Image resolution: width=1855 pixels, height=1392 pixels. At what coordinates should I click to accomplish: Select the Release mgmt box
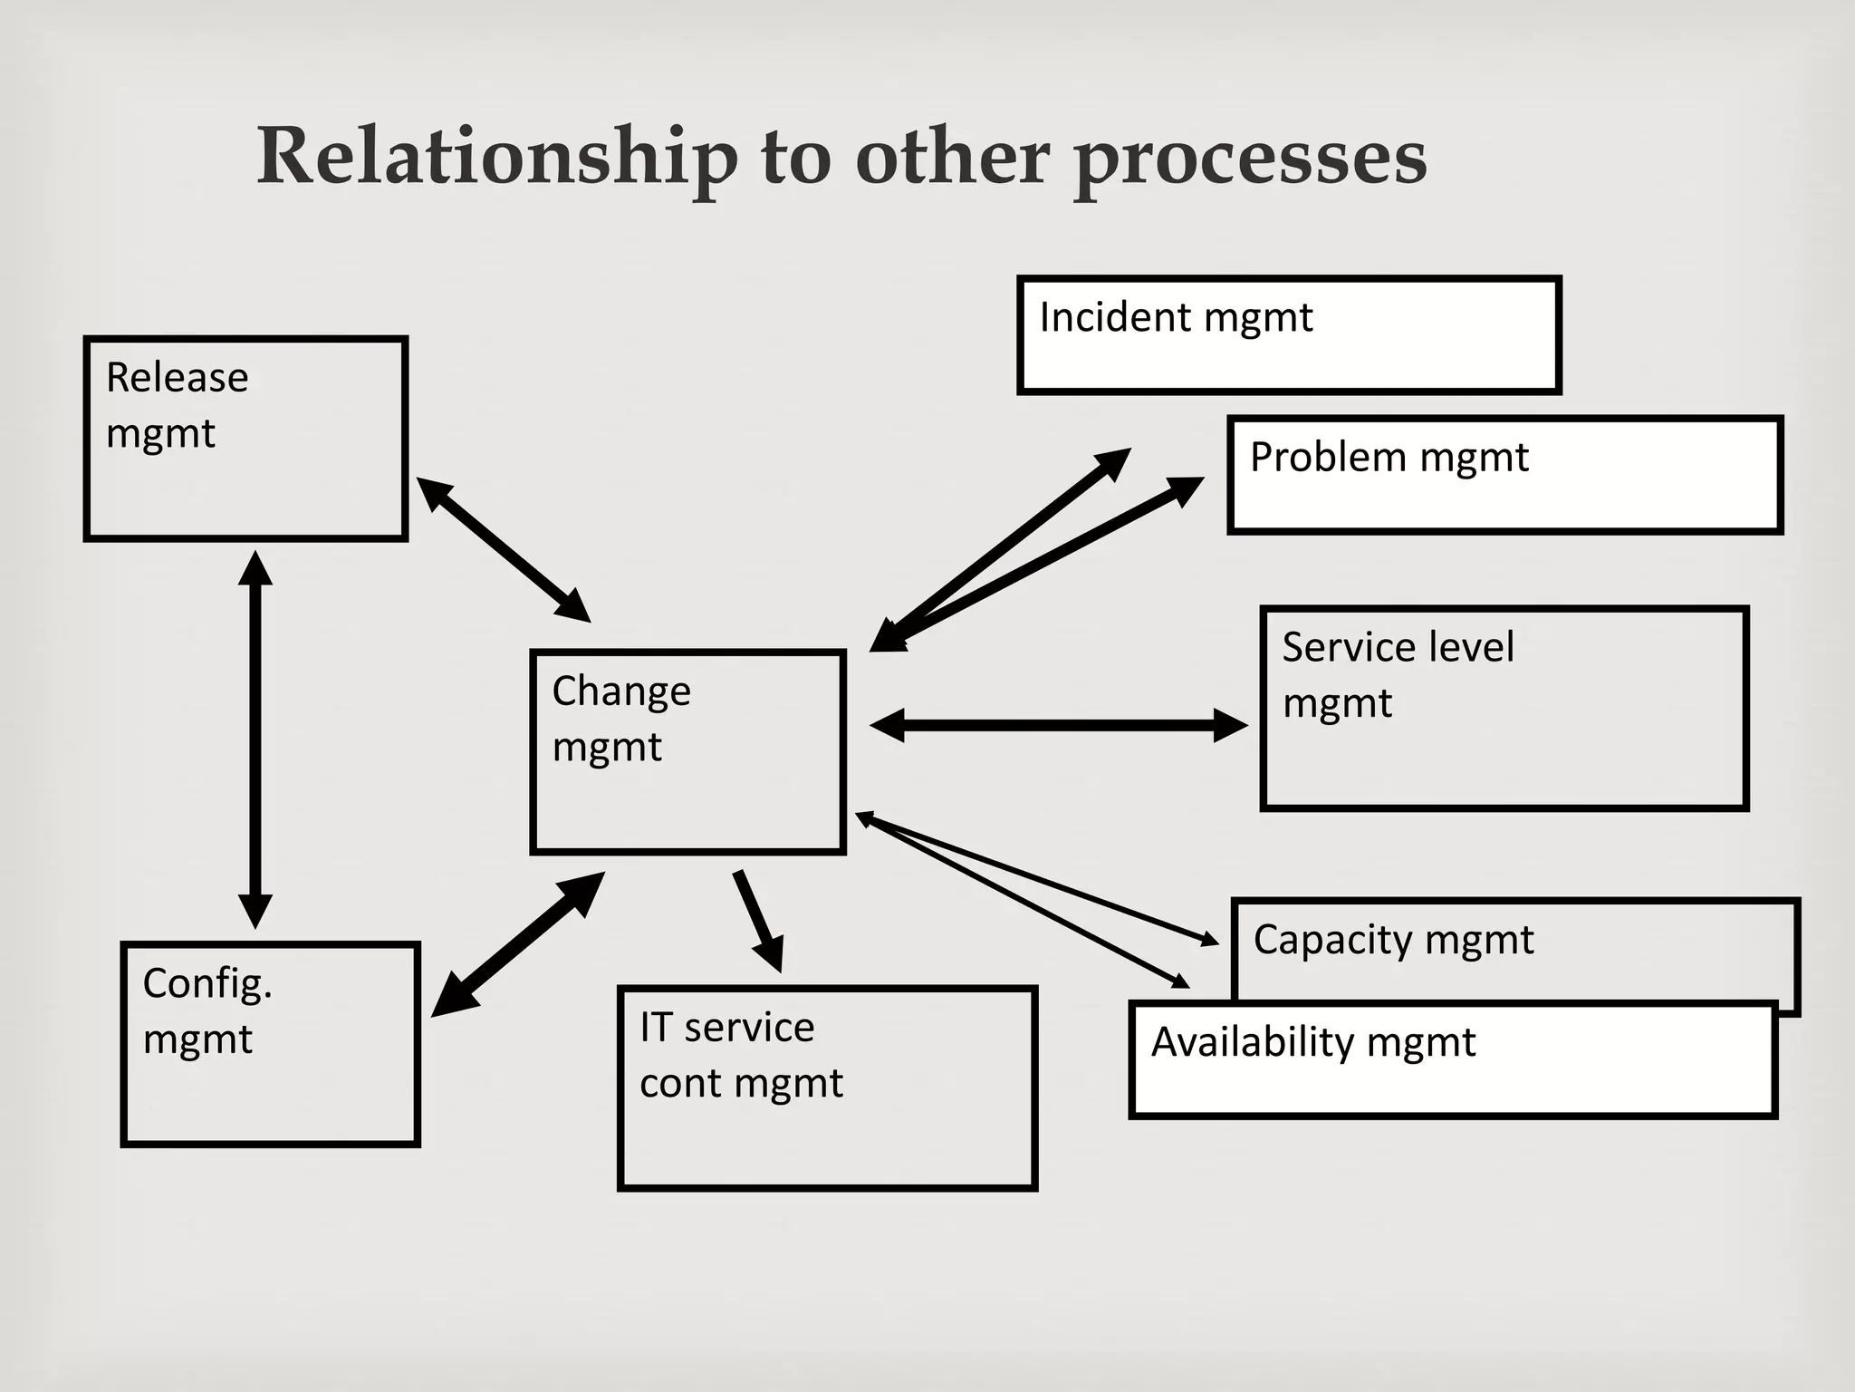point(245,439)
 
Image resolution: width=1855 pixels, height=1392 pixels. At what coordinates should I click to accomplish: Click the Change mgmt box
point(687,752)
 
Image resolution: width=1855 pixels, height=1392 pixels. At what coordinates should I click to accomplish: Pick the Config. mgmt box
point(270,1044)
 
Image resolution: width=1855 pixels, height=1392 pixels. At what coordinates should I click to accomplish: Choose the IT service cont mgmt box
point(826,1087)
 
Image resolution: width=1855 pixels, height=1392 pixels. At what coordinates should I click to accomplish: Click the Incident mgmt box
point(1288,335)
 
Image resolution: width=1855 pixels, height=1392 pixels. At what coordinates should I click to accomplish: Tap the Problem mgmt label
point(1389,458)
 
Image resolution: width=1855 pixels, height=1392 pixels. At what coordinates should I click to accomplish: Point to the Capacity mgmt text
point(1393,941)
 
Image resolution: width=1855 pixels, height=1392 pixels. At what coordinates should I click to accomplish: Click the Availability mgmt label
point(1312,1043)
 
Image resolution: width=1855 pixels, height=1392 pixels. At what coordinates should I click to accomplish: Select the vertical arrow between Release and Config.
point(255,739)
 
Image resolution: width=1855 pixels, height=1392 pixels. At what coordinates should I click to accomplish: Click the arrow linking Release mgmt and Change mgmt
point(504,549)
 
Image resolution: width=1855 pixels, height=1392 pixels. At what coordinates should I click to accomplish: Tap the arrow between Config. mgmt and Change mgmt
point(518,944)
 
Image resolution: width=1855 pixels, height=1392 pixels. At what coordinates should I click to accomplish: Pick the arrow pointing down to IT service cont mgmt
point(758,920)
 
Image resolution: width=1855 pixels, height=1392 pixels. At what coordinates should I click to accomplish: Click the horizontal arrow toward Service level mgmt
point(1058,725)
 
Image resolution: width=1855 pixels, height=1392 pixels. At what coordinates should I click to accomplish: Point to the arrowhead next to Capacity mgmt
point(1210,940)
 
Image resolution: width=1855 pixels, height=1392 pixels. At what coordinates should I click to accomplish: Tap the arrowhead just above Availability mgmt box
point(1180,981)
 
